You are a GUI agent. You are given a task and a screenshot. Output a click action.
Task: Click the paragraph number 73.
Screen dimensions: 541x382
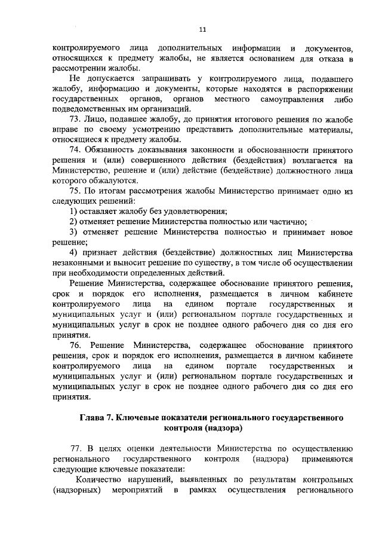[x=76, y=119]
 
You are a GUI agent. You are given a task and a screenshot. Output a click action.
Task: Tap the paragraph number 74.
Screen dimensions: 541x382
[x=76, y=149]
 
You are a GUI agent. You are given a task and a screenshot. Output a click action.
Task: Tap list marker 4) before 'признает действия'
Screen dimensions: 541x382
[x=73, y=253]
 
